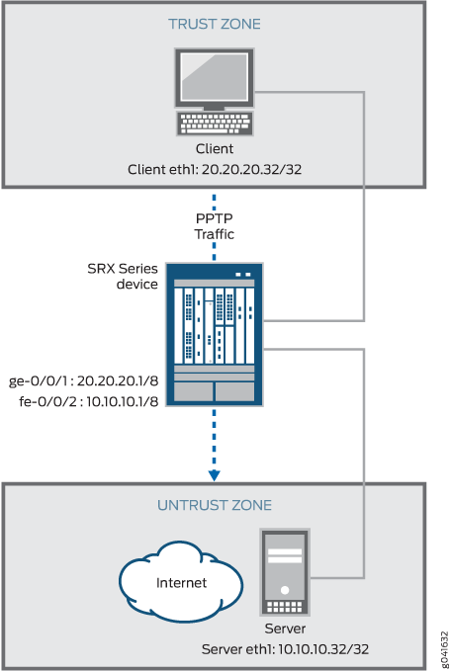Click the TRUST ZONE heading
214,24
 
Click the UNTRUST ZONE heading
214,505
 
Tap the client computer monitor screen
214,76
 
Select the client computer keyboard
215,124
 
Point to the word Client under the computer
215,149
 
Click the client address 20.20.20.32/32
251,169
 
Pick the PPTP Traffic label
214,226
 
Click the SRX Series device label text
123,276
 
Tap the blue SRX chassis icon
214,335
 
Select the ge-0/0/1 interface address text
83,380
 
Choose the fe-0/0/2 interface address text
89,401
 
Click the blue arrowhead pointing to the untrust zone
214,475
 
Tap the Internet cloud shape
181,581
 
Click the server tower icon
285,572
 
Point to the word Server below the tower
285,629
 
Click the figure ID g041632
444,649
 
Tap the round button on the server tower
285,591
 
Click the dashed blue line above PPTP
214,202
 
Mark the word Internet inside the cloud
181,583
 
